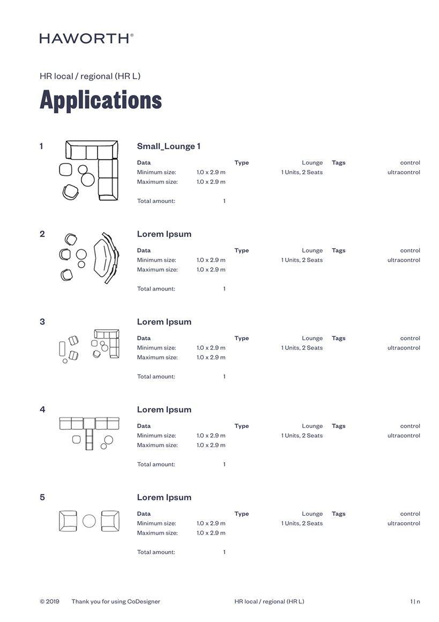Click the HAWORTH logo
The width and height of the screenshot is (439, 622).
86,38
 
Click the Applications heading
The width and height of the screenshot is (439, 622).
101,100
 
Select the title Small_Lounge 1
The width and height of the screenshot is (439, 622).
168,146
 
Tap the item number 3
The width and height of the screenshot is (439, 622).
42,322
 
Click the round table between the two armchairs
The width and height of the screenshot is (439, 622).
89,521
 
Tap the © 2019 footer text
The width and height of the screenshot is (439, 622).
49,602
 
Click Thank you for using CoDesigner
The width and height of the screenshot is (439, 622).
116,602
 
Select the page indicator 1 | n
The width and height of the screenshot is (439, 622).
415,602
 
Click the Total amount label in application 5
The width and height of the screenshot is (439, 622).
156,552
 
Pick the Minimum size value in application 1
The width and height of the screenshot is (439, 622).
211,173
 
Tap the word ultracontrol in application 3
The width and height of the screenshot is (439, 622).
404,348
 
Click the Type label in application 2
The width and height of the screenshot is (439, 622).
242,250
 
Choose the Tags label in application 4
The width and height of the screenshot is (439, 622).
339,426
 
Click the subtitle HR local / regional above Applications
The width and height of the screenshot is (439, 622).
90,76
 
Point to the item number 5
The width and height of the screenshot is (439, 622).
42,498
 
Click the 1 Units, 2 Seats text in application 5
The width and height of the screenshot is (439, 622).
302,523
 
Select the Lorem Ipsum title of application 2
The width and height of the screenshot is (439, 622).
164,234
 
